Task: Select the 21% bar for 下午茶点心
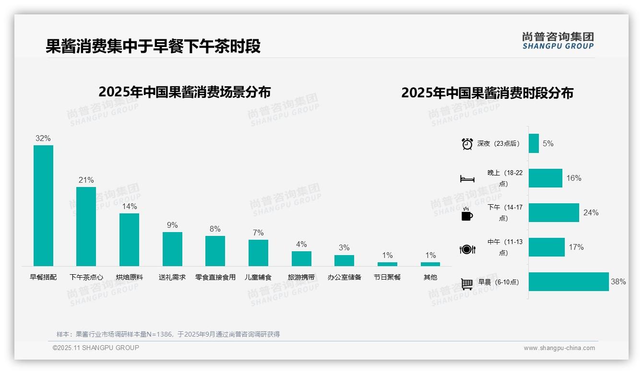[x=86, y=226]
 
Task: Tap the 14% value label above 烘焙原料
[x=129, y=206]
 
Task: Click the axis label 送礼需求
[x=172, y=277]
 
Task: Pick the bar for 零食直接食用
[x=215, y=251]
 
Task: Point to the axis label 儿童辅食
[x=258, y=277]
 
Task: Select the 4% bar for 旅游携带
[x=301, y=258]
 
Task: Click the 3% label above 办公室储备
[x=344, y=248]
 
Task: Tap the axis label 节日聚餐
[x=387, y=277]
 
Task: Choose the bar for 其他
[x=430, y=264]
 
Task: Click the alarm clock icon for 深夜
[x=467, y=144]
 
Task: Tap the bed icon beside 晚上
[x=467, y=179]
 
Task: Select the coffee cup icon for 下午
[x=467, y=214]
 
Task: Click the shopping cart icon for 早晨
[x=467, y=284]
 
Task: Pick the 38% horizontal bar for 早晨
[x=569, y=282]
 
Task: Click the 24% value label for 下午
[x=591, y=213]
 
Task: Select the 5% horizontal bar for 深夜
[x=534, y=143]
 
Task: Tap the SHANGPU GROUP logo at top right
[x=558, y=41]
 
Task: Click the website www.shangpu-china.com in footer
[x=559, y=348]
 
